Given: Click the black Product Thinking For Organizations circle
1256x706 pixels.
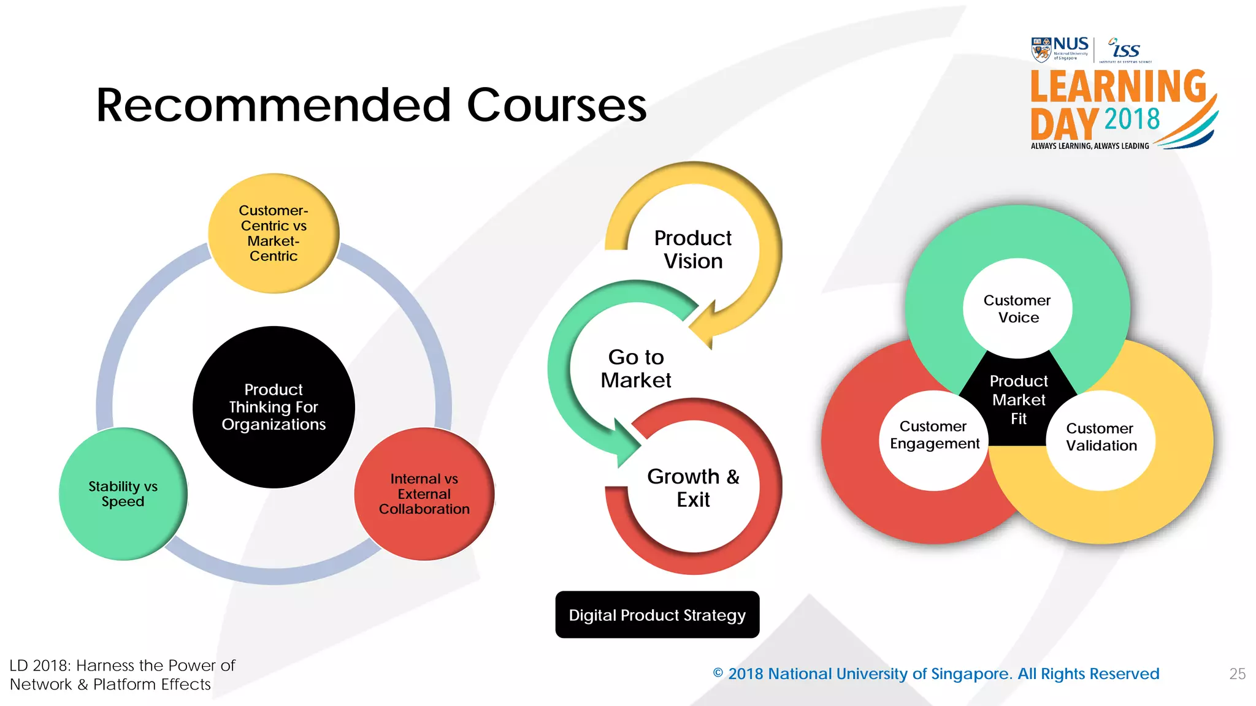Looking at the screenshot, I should pos(274,407).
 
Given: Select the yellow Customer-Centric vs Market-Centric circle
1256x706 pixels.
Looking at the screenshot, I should pos(274,233).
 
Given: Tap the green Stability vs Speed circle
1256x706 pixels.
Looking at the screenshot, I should pos(123,494).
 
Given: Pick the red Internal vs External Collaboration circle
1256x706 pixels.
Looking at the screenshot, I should pos(424,494).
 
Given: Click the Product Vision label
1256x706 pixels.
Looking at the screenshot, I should pos(693,249).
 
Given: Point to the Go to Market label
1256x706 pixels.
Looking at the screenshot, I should pos(636,368).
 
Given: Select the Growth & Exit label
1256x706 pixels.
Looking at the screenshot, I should pos(693,488).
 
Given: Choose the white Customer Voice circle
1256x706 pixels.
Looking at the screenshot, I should pos(1017,308).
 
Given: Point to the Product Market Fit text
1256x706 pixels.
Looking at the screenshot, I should pos(1019,400).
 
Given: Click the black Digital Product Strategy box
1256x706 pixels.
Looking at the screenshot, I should pos(657,615).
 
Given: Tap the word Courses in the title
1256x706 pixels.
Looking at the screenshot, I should pos(556,105).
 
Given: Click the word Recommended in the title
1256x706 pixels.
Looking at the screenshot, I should pos(274,105).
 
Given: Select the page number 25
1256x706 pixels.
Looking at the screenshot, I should pos(1237,674).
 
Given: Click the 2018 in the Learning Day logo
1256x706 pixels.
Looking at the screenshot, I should pos(1132,119).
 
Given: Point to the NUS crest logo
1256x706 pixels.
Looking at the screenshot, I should pos(1041,50).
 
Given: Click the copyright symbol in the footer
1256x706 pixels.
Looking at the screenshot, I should pos(718,673).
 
